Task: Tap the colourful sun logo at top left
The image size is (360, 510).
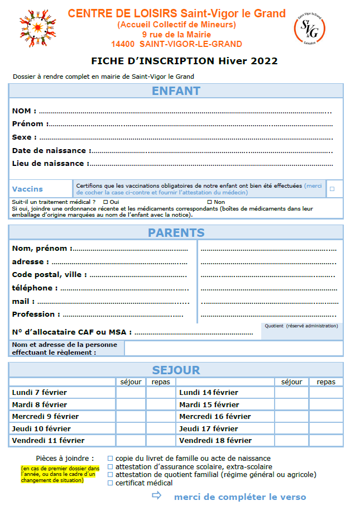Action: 36,28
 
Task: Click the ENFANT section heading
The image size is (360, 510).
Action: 176,91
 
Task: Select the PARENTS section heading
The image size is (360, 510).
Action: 176,232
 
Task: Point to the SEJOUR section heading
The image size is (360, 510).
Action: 176,370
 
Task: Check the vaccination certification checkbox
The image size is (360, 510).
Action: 332,189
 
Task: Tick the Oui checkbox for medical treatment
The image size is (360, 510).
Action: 105,202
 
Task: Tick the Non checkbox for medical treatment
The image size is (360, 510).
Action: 210,202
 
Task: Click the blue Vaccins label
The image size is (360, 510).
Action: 27,189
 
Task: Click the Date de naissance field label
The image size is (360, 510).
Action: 49,150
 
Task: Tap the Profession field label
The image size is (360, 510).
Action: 33,314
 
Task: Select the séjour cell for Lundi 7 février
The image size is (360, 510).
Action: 131,393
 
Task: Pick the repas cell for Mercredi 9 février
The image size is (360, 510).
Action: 161,417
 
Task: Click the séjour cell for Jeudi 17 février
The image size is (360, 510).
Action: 291,429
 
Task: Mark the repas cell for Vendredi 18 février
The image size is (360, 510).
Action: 326,441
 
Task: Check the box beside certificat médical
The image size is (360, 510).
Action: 110,483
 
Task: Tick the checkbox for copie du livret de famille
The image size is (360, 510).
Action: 110,459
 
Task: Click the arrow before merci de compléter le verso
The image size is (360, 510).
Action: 156,495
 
